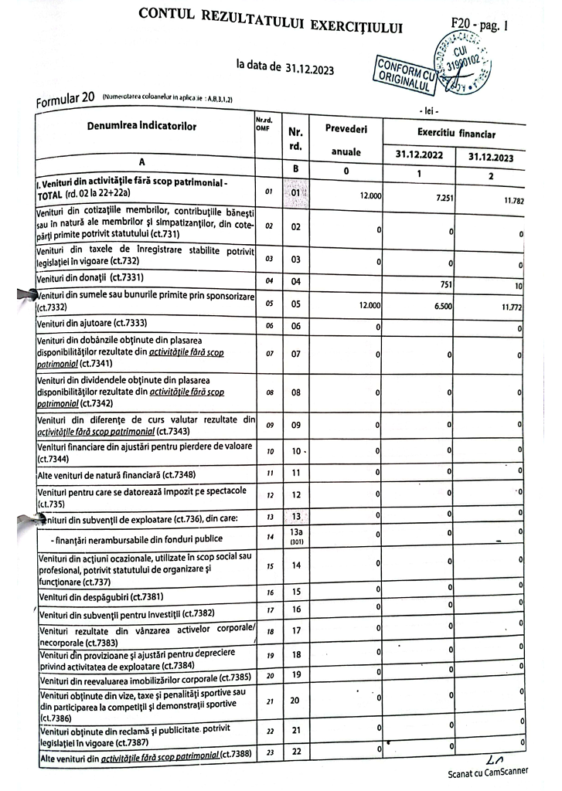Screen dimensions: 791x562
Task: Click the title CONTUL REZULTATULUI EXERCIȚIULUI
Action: pyautogui.click(x=271, y=22)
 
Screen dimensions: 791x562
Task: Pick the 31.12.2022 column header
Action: pyautogui.click(x=419, y=154)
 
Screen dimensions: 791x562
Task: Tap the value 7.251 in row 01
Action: pyautogui.click(x=443, y=198)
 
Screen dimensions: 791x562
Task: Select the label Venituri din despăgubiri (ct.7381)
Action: pyautogui.click(x=100, y=596)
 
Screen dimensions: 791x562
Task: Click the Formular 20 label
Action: pyautogui.click(x=66, y=99)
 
